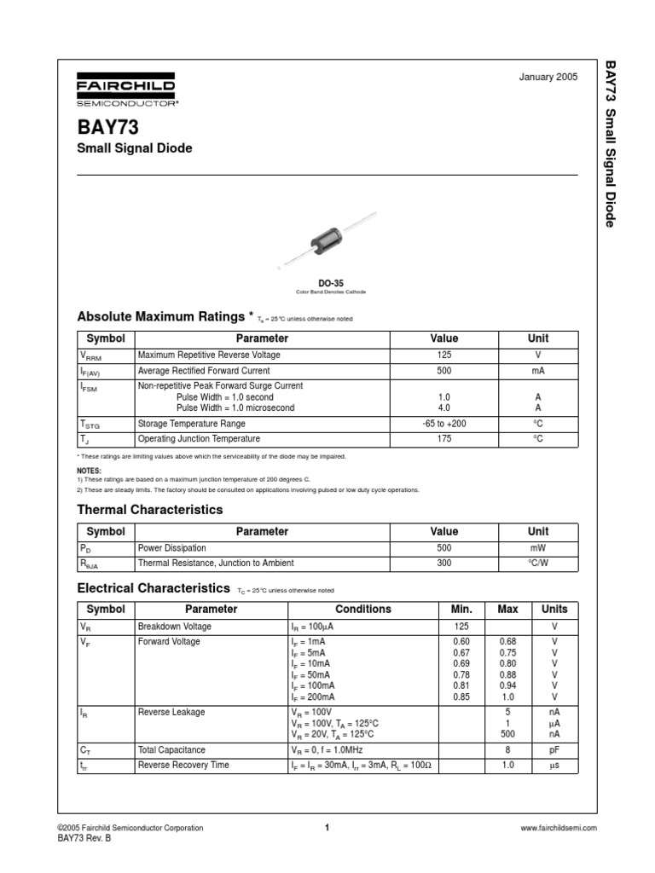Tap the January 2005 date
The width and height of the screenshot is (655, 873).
548,77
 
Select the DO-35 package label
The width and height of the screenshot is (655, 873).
330,282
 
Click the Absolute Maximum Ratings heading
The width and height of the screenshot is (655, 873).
161,317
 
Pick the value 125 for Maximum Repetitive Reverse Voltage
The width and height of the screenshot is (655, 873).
443,355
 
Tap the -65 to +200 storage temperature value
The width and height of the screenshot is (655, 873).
443,424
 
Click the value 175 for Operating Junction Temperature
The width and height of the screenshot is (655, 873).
443,439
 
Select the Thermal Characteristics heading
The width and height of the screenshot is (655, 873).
150,510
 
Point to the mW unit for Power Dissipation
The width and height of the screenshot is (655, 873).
537,548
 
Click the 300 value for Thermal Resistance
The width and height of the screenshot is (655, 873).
443,564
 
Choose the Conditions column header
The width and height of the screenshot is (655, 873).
362,610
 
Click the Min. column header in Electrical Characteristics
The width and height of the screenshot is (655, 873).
461,610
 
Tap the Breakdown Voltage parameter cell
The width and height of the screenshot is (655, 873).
174,627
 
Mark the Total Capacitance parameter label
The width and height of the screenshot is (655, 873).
171,750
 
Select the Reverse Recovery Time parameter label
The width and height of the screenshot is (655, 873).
183,766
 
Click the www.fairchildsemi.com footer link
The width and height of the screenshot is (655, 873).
558,828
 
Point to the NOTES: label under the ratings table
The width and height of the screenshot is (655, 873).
89,471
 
